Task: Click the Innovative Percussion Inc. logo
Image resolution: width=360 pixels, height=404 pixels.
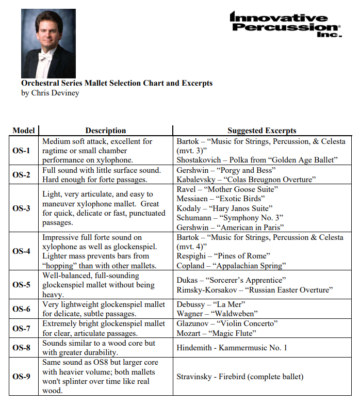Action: (285, 24)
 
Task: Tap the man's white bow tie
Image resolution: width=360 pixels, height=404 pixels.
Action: (45, 58)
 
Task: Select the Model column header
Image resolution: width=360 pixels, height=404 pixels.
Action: (24, 131)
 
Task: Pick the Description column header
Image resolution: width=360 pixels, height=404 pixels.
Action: (105, 131)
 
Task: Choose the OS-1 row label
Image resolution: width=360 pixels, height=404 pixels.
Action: (22, 151)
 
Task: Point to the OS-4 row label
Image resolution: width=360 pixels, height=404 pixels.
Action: (22, 251)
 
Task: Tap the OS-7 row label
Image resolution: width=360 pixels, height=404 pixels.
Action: (22, 328)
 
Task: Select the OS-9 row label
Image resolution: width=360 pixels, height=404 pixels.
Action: (22, 376)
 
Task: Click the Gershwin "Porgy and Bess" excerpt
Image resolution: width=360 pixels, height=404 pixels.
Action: (226, 170)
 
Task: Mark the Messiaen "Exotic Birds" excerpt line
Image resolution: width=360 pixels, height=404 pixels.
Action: (220, 199)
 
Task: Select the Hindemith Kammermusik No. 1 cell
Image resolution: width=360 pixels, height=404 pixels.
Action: (232, 348)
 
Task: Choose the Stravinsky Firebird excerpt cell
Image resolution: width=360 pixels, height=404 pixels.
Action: (240, 377)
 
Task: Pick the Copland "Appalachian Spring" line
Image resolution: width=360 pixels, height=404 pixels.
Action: (231, 266)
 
